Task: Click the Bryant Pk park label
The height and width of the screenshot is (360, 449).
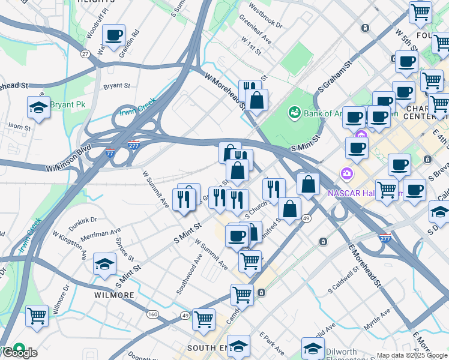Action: (x=68, y=104)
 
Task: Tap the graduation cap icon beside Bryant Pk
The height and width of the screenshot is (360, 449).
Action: (x=38, y=108)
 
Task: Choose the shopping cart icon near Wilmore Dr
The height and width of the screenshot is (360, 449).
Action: (x=37, y=315)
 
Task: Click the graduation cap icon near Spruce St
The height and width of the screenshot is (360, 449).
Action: (x=105, y=264)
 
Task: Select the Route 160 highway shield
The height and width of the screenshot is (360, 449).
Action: (x=152, y=314)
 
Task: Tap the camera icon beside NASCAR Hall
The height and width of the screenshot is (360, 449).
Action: (x=347, y=174)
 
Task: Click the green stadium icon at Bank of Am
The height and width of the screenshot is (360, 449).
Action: (x=294, y=112)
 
